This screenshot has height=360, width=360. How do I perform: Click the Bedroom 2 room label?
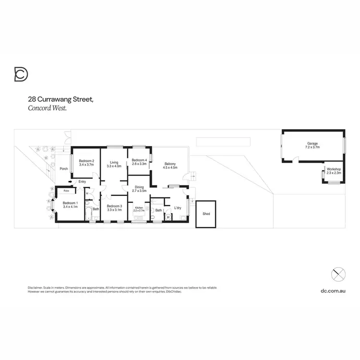click(86, 161)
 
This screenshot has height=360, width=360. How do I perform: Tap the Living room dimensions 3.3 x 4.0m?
click(114, 166)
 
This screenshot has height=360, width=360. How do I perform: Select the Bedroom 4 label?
click(139, 160)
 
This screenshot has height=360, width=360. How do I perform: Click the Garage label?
click(312, 144)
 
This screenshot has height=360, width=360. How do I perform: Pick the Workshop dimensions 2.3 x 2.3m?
click(334, 173)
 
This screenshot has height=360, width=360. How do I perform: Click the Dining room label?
click(139, 187)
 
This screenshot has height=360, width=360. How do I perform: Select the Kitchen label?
click(139, 208)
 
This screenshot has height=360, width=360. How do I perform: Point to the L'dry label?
click(178, 208)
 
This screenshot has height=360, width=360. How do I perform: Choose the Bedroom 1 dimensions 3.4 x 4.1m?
click(70, 206)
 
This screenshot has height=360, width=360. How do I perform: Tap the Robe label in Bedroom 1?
click(66, 191)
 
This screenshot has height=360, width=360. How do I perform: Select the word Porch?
click(63, 169)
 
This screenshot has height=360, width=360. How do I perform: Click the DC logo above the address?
click(21, 75)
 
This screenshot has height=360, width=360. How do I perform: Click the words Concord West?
click(47, 108)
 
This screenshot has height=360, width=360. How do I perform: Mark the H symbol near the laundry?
click(168, 217)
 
